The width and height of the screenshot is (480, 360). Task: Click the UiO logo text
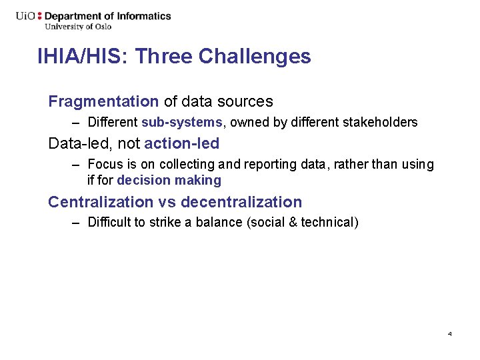[x=26, y=16]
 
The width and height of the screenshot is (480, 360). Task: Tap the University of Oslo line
[x=78, y=27]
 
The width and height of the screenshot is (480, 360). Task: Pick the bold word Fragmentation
[x=103, y=102]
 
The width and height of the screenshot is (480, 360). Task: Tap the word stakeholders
[x=380, y=123]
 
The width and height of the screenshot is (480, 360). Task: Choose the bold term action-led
[x=181, y=143]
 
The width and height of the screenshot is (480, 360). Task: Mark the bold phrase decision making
[x=169, y=181]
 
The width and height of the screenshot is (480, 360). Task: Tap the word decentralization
[x=241, y=202]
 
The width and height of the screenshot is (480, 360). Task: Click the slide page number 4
[x=450, y=333]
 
